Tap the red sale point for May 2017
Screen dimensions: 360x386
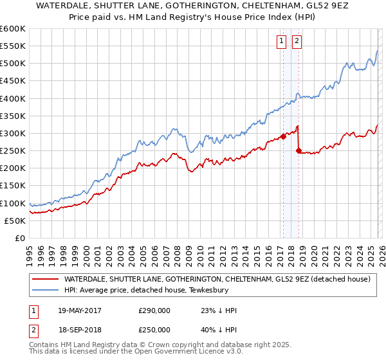click(282, 136)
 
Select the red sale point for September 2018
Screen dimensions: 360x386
click(298, 150)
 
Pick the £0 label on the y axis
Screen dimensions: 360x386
click(19, 238)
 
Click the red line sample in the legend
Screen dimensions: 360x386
click(45, 280)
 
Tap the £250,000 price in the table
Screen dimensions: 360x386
click(154, 330)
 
